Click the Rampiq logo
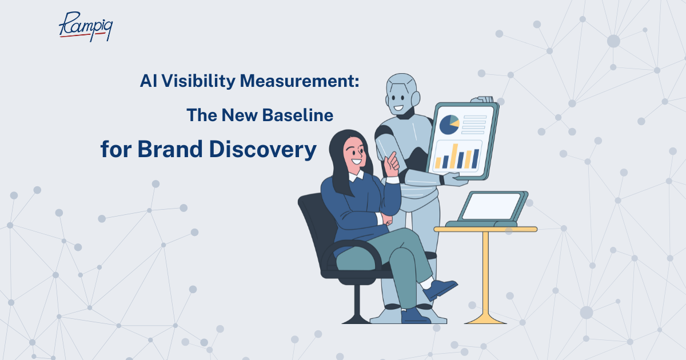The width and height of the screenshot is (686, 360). [x=86, y=27]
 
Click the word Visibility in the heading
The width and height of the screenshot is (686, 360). [x=198, y=82]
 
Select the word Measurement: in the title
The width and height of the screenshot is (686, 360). [x=300, y=81]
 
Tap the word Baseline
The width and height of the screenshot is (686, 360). [x=298, y=115]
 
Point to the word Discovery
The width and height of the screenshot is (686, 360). [x=263, y=150]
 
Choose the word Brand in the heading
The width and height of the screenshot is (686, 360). [x=170, y=149]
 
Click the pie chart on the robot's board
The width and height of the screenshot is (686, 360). [x=449, y=125]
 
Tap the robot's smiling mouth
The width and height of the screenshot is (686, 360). [x=398, y=108]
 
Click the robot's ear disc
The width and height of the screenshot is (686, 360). [x=416, y=98]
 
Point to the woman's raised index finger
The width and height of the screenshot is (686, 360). [x=392, y=157]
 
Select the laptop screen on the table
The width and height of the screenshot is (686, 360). [x=491, y=206]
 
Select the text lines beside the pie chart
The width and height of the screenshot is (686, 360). [x=474, y=125]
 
